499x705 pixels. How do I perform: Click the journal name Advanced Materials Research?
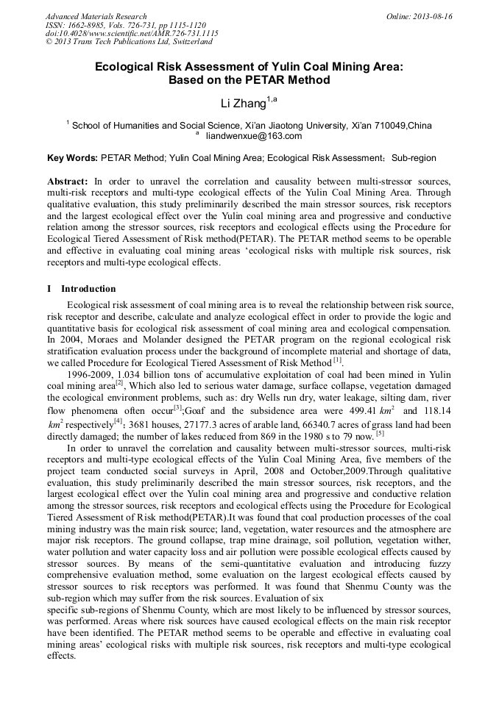point(96,16)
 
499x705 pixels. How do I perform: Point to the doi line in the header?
point(132,34)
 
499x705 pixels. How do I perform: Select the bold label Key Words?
point(72,158)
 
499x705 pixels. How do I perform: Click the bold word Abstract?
point(68,181)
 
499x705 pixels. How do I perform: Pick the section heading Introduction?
point(88,289)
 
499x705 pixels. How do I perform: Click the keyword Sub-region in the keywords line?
point(414,158)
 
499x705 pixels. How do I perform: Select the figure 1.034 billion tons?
point(150,374)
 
